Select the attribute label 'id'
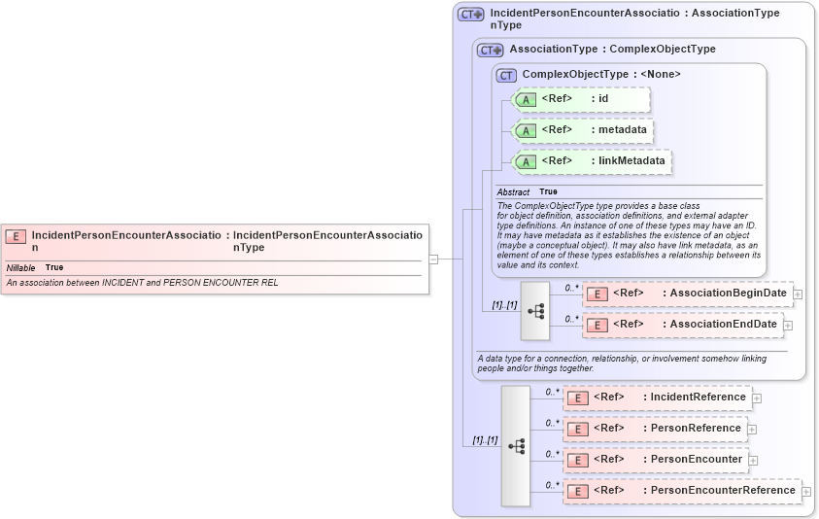click(x=602, y=98)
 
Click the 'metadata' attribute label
click(x=622, y=129)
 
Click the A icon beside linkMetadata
click(x=525, y=161)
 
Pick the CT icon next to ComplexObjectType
click(x=506, y=75)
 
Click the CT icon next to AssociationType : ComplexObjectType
click(x=490, y=50)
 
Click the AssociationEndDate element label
click(x=723, y=324)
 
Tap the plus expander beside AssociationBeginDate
click(x=798, y=294)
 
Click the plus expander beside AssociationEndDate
click(x=798, y=325)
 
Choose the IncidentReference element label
click(x=698, y=397)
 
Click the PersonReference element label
click(x=695, y=428)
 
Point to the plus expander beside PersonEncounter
click(x=752, y=460)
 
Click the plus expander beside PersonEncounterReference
click(x=805, y=491)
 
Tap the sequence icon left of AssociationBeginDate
click(x=535, y=311)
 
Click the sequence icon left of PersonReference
click(x=516, y=445)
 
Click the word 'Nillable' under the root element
click(x=20, y=267)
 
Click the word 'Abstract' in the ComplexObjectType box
click(x=513, y=192)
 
